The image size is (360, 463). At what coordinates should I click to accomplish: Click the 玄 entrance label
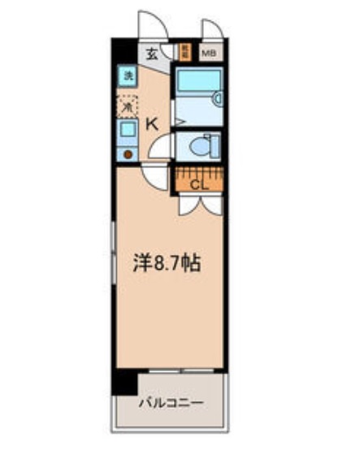click(153, 54)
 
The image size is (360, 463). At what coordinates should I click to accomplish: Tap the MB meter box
click(209, 54)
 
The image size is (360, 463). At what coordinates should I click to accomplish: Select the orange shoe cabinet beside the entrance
click(184, 54)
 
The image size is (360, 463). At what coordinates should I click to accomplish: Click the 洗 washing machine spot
click(128, 77)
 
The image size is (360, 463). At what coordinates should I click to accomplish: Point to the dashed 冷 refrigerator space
click(128, 105)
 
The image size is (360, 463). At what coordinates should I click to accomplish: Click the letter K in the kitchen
click(151, 124)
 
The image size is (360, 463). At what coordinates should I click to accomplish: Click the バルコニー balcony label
click(170, 402)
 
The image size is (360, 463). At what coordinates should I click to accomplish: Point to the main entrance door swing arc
click(151, 24)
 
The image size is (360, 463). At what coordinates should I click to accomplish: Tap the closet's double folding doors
click(198, 203)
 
